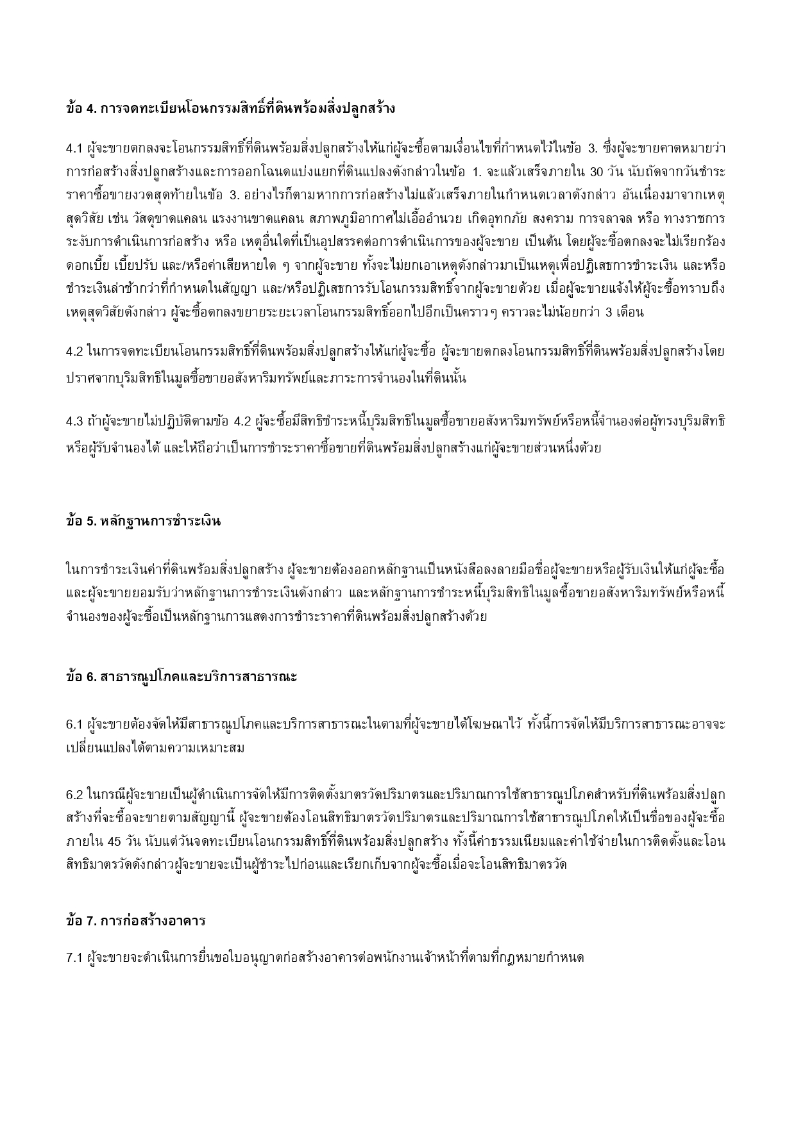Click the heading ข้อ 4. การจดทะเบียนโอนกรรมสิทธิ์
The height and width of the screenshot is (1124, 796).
pos(230,108)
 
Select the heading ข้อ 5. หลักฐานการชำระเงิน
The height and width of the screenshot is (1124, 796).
pos(143,521)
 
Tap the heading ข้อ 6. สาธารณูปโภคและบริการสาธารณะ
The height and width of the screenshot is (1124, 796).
pos(182,677)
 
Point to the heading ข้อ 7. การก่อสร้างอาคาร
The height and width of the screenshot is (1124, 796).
pos(135,922)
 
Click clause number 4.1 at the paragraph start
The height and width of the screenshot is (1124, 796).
pos(74,149)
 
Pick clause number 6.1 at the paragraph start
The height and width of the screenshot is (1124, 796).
pos(74,724)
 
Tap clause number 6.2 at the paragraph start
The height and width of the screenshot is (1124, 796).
pos(74,795)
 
